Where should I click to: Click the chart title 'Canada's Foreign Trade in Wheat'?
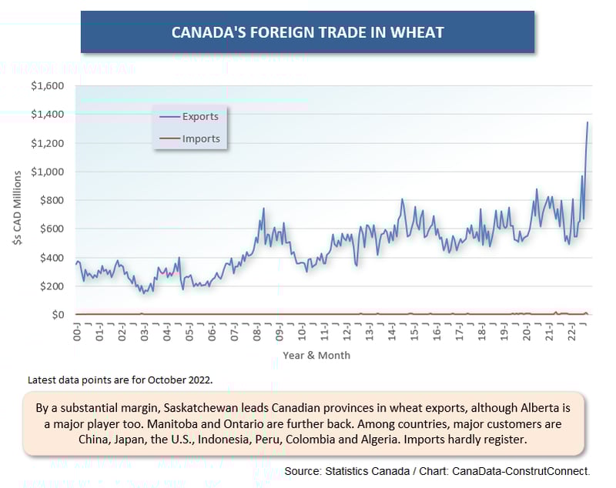307,32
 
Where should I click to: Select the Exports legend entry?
200,117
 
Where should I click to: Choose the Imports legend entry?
201,139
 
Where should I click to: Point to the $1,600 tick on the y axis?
48,85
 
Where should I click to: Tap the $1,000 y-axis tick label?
48,172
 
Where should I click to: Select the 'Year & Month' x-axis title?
316,356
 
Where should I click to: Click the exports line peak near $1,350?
588,122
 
